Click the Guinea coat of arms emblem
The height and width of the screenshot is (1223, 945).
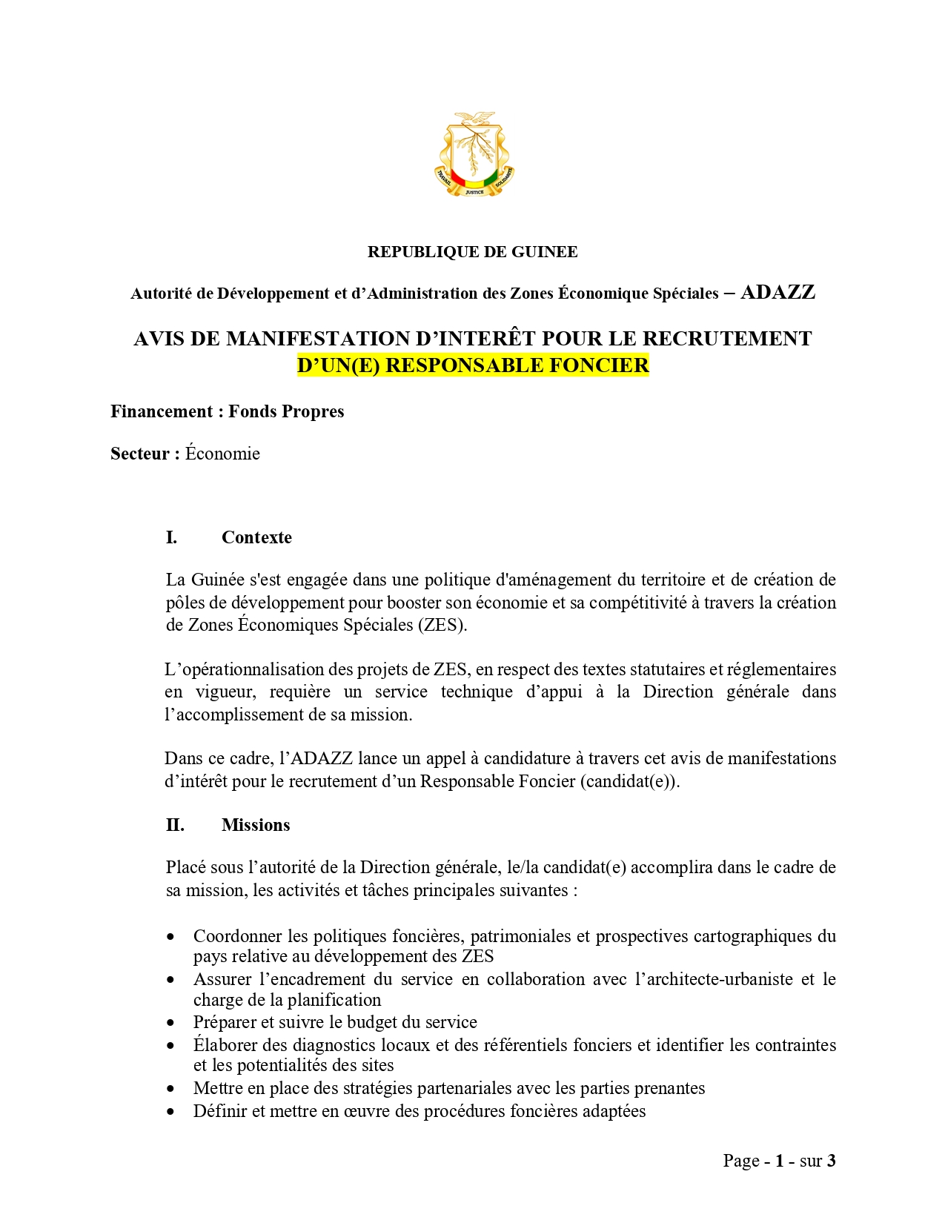coord(474,155)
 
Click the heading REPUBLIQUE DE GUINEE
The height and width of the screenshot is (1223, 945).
coord(472,252)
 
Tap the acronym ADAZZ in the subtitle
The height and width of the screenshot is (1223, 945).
coord(777,292)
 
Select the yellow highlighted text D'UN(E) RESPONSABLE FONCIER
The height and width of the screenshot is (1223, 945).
coord(473,365)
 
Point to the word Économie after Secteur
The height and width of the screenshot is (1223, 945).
coord(222,454)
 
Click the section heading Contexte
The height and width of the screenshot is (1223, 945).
coord(256,537)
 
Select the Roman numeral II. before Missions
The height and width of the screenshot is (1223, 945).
coord(175,825)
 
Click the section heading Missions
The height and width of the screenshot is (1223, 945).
coord(256,825)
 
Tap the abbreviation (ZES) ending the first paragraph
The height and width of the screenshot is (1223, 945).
coord(443,625)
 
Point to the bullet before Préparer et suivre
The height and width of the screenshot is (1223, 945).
coord(171,1023)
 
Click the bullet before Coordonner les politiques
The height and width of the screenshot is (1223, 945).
coord(171,937)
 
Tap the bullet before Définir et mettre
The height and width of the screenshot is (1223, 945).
coord(171,1112)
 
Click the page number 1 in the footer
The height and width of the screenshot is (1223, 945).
coord(780,1161)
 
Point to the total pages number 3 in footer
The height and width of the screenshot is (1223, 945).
coord(831,1161)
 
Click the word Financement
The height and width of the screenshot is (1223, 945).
coord(161,411)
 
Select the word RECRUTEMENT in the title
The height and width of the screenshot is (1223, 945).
coord(726,339)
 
